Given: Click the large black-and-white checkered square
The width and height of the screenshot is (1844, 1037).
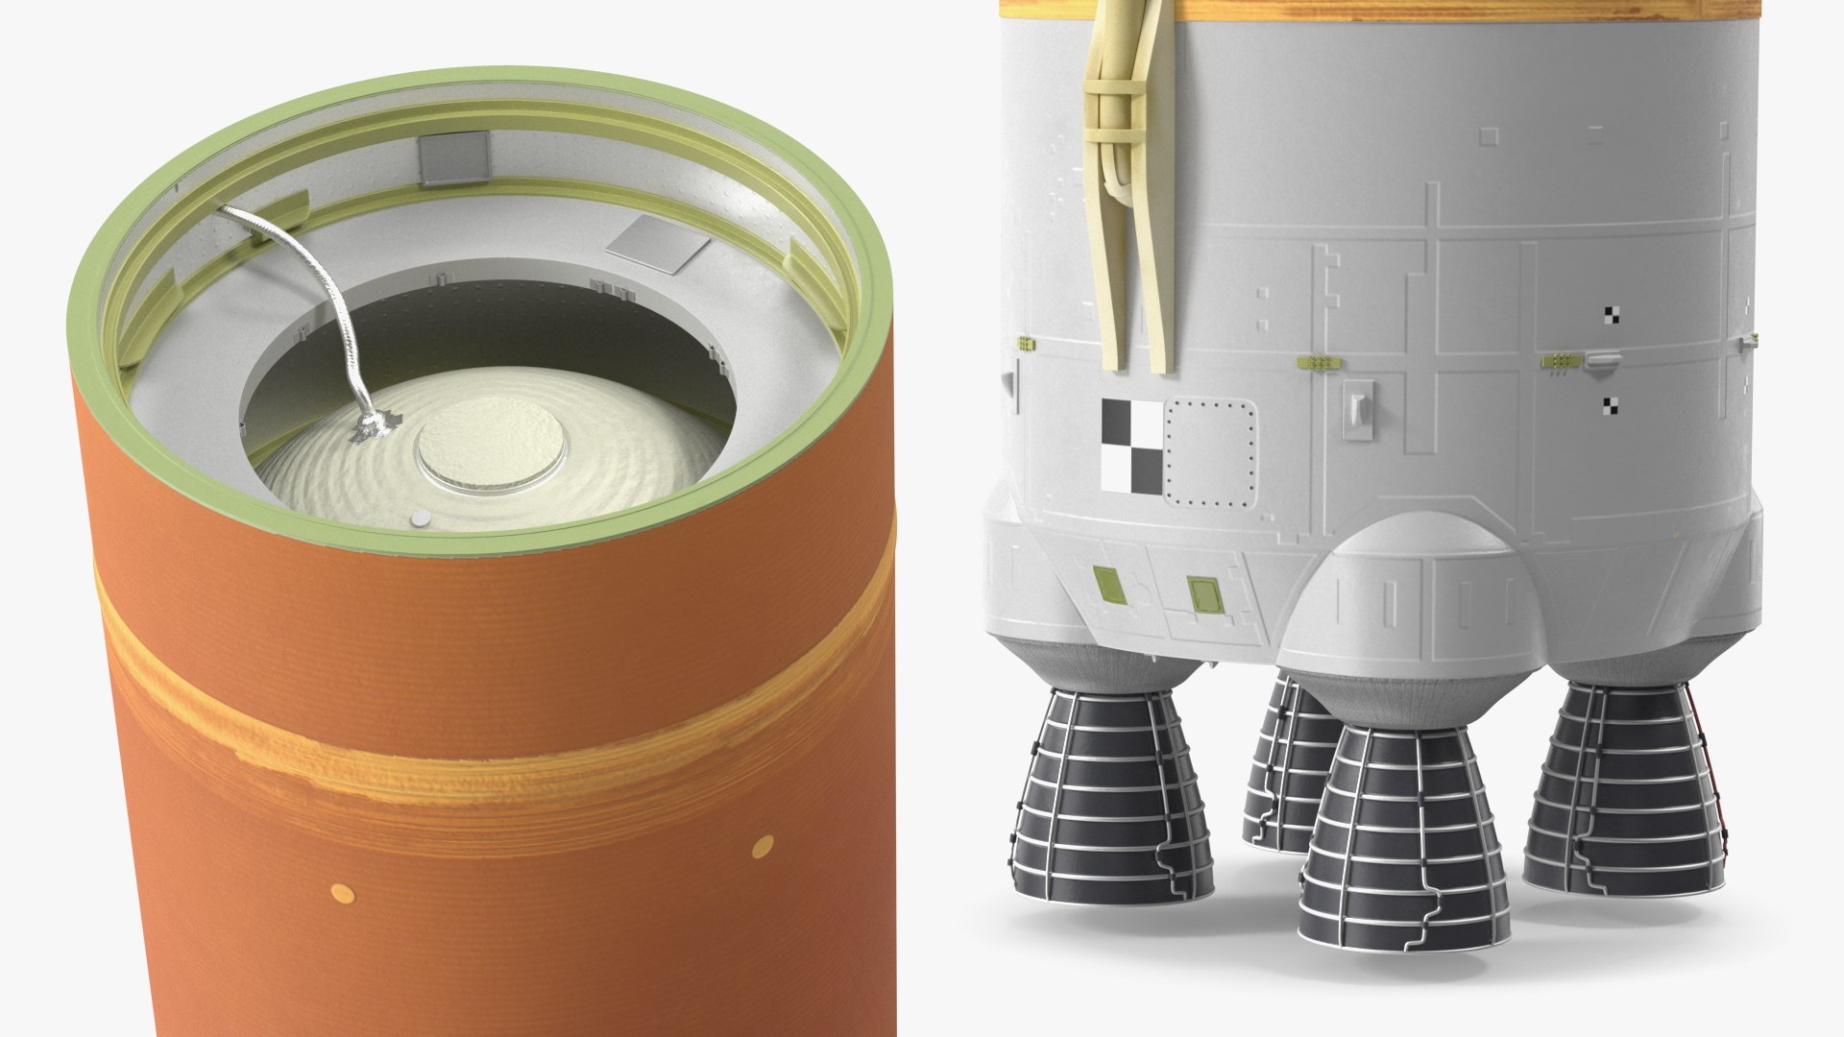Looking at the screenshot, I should tap(1131, 446).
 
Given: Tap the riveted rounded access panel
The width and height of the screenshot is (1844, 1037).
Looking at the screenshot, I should tap(1209, 454).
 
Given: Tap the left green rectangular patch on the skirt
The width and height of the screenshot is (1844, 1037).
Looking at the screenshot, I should tap(1107, 582).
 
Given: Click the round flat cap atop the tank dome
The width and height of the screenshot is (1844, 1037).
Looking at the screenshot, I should tap(491, 450).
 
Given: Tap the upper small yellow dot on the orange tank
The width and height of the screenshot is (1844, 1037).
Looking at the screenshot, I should tap(763, 846).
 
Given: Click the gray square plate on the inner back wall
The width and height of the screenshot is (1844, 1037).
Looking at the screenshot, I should tap(453, 158).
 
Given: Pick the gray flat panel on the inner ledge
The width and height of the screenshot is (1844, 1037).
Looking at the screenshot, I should tap(658, 243).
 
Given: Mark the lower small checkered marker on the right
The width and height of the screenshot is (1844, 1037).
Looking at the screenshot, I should tap(1610, 406).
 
